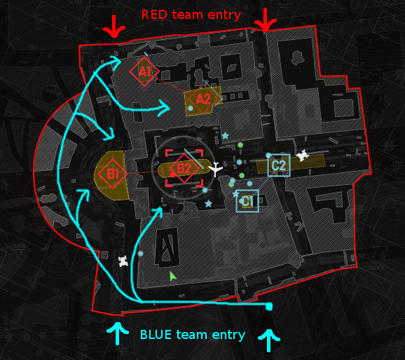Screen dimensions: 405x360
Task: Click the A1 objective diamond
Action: (x=144, y=72)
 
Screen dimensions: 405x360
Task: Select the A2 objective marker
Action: (x=203, y=99)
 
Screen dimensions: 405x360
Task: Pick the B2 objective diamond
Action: (x=184, y=168)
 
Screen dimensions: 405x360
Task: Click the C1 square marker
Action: (x=247, y=201)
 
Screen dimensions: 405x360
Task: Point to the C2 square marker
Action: (x=279, y=165)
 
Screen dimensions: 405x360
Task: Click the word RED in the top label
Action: (x=154, y=15)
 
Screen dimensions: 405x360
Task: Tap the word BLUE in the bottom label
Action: (x=156, y=335)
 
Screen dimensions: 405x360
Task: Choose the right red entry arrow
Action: (x=266, y=20)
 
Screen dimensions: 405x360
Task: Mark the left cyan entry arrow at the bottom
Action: (x=118, y=333)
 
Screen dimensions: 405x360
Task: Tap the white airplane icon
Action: (x=216, y=169)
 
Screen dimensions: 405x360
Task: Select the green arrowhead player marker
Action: (x=172, y=277)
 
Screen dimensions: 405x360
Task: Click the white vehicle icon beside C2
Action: (x=302, y=155)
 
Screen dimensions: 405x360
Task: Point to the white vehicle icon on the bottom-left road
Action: (x=123, y=262)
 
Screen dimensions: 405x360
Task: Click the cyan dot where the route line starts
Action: (x=269, y=307)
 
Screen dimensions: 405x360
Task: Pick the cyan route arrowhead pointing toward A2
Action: (x=165, y=107)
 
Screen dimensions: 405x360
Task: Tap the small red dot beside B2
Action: (x=173, y=175)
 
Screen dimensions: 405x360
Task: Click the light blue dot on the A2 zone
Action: (x=191, y=108)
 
